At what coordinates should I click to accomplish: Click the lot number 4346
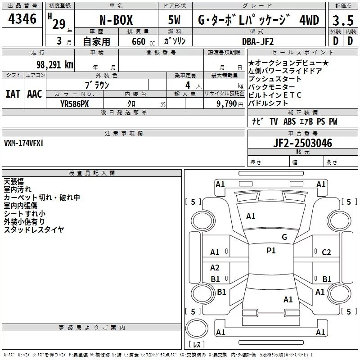click(22, 19)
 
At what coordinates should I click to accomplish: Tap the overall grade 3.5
click(343, 20)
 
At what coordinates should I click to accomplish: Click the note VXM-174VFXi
click(24, 143)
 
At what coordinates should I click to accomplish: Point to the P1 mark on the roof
click(271, 251)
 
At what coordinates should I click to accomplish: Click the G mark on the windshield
click(284, 237)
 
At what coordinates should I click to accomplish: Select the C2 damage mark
click(326, 252)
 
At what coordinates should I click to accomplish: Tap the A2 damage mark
click(215, 268)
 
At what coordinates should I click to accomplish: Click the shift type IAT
click(13, 94)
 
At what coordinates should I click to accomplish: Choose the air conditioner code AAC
click(35, 94)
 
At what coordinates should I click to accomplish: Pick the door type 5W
click(175, 20)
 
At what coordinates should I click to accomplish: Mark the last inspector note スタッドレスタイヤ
click(34, 229)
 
